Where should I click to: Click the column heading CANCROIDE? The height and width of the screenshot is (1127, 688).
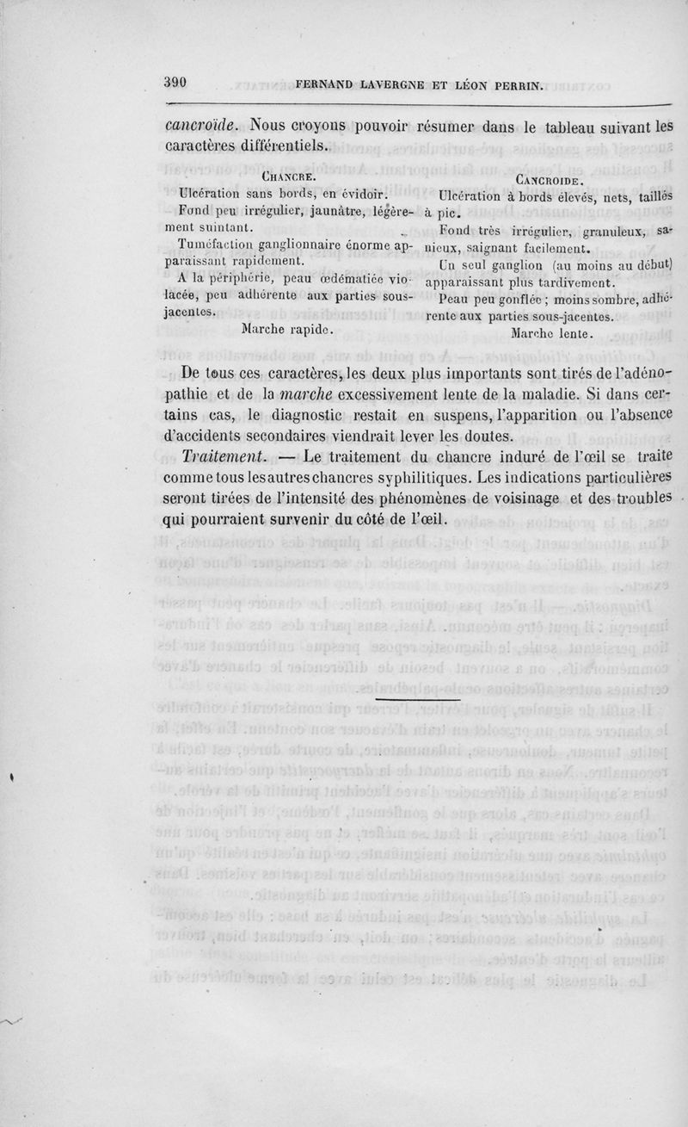(x=550, y=180)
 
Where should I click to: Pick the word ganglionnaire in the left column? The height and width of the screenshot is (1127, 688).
(x=298, y=245)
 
